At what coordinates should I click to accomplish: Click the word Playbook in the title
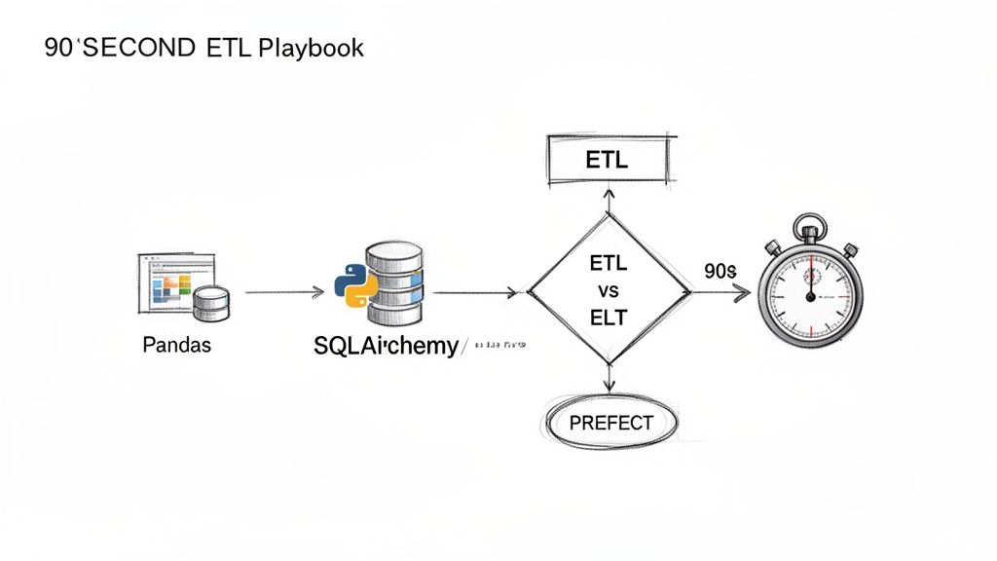point(311,48)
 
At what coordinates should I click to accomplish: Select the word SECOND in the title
point(137,48)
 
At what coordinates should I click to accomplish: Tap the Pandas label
point(176,346)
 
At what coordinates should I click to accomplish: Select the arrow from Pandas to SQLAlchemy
point(284,291)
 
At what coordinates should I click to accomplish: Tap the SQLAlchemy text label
point(386,346)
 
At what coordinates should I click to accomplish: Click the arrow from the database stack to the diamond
point(473,291)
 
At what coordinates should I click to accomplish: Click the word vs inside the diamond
point(607,291)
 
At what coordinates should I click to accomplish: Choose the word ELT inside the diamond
point(607,318)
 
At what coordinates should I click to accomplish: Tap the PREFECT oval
point(609,424)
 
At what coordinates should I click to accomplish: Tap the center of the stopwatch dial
point(807,292)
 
